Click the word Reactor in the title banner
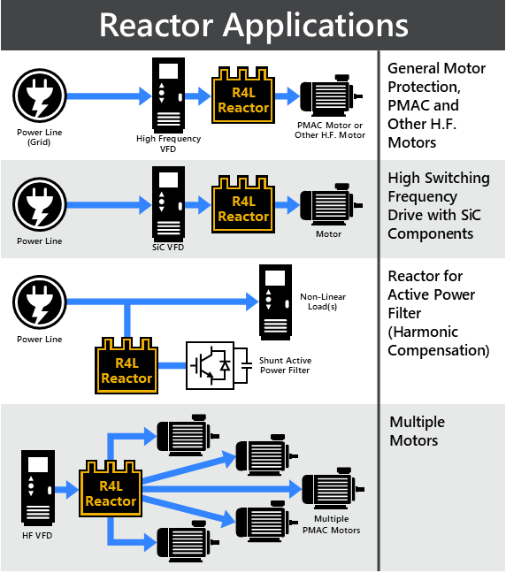click(156, 26)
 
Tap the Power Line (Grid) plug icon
click(40, 95)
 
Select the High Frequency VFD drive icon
click(168, 95)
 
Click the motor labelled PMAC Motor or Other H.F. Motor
click(331, 95)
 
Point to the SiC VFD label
click(168, 248)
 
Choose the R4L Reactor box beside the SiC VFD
click(243, 204)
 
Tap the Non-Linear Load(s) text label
click(323, 302)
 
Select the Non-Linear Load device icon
click(275, 302)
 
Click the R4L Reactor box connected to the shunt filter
click(126, 365)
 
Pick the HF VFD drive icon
click(38, 488)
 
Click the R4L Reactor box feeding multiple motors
click(111, 489)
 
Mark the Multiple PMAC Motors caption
click(331, 524)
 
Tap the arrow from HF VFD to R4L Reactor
click(67, 490)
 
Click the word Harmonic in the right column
click(423, 332)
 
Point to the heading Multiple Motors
click(418, 432)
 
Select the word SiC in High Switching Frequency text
click(471, 215)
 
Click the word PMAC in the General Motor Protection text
click(409, 105)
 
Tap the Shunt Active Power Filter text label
click(285, 365)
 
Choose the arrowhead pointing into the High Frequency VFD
click(145, 96)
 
